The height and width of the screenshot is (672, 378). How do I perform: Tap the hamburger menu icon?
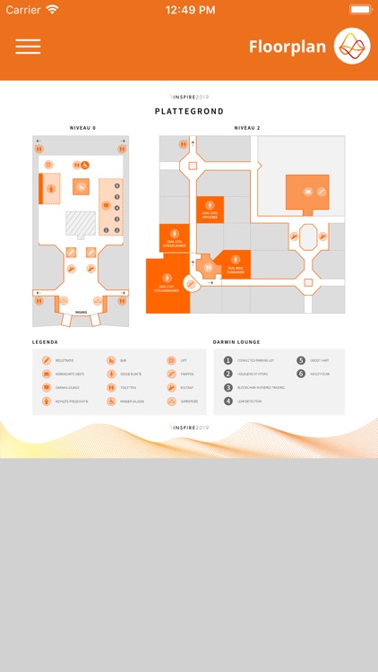coord(28,47)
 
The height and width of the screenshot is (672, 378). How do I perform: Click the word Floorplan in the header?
coord(288,47)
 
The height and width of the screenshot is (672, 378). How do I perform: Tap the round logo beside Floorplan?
coord(351,47)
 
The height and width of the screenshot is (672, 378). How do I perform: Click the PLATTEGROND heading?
coord(189,112)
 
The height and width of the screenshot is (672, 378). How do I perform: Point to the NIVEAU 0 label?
coord(82,128)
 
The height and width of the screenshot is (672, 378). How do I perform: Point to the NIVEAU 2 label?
coord(247,128)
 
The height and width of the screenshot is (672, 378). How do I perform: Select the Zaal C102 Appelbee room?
coord(210,209)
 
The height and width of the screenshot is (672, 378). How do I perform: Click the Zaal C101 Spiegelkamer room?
coord(175,238)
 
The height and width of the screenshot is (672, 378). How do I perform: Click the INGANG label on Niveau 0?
coord(81,313)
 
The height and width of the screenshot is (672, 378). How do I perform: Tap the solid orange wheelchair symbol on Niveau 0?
coord(86,165)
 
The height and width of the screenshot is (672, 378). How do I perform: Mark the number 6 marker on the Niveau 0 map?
coord(116,185)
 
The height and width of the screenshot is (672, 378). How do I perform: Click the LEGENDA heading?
coord(45,342)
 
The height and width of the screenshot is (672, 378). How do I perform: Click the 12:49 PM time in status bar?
coord(188,10)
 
